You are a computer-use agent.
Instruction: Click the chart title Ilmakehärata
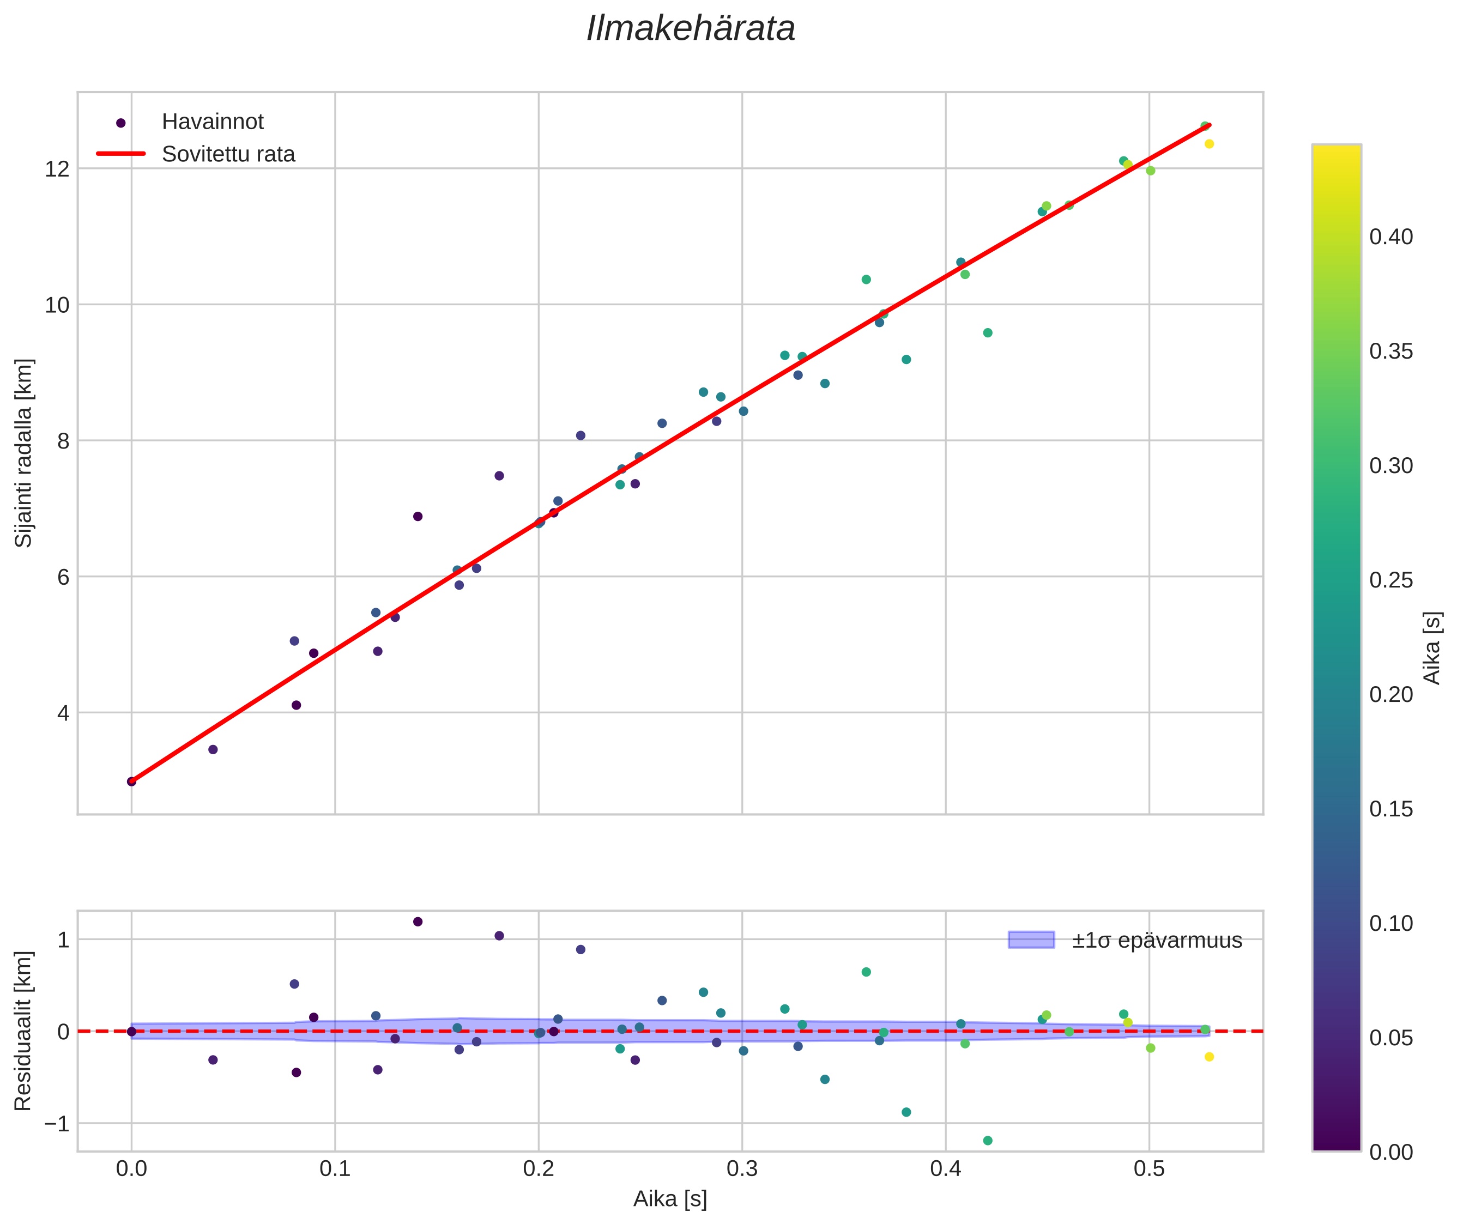[x=690, y=29]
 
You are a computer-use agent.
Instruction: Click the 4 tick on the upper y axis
[x=63, y=713]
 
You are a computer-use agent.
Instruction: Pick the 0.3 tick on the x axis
[x=741, y=1169]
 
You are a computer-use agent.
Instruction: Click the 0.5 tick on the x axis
[x=1149, y=1169]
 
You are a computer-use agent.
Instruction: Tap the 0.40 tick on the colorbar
[x=1391, y=237]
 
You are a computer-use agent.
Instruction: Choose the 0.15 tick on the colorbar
[x=1391, y=809]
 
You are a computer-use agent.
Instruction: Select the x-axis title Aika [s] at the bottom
[x=670, y=1199]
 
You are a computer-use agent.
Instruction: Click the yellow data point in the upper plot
[x=1208, y=144]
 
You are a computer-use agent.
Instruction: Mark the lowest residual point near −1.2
[x=987, y=1141]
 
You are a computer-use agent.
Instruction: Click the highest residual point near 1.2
[x=417, y=922]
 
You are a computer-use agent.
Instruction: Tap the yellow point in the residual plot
[x=1208, y=1057]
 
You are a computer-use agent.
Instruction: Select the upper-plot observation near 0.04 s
[x=213, y=749]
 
